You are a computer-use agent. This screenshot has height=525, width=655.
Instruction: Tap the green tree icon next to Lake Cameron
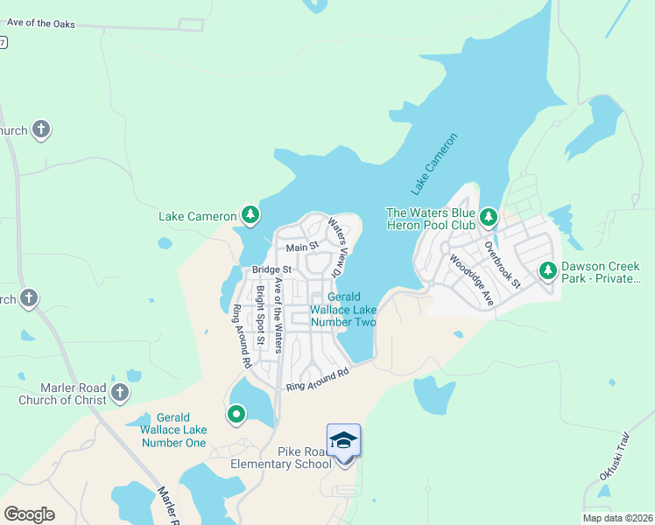click(x=250, y=215)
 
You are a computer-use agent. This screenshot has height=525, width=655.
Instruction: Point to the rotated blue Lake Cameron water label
click(x=434, y=164)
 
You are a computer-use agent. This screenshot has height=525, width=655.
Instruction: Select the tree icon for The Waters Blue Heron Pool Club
click(x=488, y=216)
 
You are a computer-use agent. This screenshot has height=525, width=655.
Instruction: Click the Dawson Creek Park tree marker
click(x=547, y=271)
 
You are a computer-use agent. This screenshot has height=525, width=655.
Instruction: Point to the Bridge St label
click(x=271, y=269)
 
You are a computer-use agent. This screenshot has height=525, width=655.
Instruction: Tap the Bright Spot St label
click(x=260, y=314)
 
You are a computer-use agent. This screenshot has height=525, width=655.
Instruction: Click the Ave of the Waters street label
click(x=279, y=313)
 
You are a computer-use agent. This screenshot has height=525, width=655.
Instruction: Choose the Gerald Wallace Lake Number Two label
click(x=343, y=310)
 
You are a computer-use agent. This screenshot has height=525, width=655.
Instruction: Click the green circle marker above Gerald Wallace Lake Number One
click(x=236, y=414)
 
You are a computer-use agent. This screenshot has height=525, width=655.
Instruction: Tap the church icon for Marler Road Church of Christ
click(x=120, y=394)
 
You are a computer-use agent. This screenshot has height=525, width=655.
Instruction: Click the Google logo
click(x=29, y=514)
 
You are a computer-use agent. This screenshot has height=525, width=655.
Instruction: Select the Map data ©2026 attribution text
click(x=617, y=518)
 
